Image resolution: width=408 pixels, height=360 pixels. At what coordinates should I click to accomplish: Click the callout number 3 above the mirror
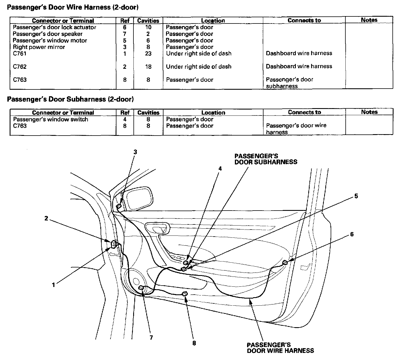click(x=135, y=152)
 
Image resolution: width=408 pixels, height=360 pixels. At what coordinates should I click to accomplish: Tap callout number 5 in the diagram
click(x=356, y=196)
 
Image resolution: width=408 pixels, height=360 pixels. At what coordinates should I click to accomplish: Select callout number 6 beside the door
click(x=352, y=234)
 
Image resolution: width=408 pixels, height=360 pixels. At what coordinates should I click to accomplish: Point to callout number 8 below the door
click(x=194, y=343)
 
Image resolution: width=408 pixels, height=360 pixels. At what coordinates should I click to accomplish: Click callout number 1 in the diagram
click(x=53, y=285)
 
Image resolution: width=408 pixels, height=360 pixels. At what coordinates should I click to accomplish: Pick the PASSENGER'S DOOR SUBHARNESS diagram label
click(x=266, y=159)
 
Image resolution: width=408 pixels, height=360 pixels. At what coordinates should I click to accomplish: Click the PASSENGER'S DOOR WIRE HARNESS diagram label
click(x=280, y=348)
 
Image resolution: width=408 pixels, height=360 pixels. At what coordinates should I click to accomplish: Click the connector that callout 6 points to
click(x=285, y=262)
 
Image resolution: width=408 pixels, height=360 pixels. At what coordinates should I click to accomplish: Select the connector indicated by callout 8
click(x=185, y=293)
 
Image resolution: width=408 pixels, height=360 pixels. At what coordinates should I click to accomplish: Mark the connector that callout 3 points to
click(x=119, y=206)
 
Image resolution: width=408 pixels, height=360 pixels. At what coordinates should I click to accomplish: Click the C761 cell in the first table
click(x=20, y=53)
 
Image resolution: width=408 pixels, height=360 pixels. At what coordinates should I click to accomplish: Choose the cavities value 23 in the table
click(x=148, y=53)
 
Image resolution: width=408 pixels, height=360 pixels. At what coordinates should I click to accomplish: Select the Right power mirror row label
click(x=39, y=47)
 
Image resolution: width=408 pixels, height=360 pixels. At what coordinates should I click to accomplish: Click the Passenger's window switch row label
click(x=51, y=119)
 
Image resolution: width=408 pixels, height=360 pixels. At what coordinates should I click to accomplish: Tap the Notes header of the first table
click(x=369, y=20)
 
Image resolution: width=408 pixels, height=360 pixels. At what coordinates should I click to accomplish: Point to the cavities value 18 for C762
click(x=148, y=67)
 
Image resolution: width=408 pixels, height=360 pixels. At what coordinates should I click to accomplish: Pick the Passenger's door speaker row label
click(x=48, y=34)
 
